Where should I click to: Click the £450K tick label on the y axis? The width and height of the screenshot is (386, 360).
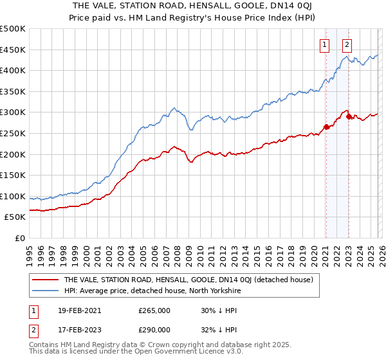13,50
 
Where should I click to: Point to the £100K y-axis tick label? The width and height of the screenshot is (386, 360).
13,196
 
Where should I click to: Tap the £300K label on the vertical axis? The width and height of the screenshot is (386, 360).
13,113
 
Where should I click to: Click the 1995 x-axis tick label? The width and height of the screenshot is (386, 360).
30,251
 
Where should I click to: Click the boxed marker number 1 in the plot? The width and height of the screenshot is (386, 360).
324,45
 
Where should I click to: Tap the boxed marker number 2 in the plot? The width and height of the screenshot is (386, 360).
347,45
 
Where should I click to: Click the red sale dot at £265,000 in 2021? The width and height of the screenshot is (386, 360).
326,127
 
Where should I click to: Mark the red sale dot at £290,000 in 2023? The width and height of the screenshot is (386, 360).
349,116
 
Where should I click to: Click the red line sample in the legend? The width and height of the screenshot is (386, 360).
44,280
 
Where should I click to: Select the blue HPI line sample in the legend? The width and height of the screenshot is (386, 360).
44,290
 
